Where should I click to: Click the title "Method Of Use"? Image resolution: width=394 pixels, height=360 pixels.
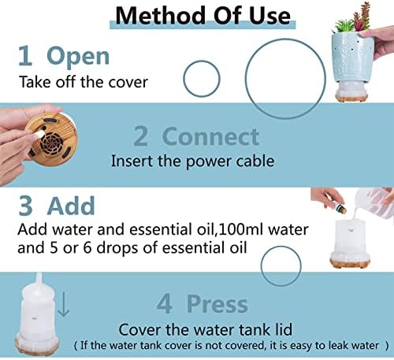pyautogui.click(x=203, y=16)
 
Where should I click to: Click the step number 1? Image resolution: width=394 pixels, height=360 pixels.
pyautogui.click(x=25, y=56)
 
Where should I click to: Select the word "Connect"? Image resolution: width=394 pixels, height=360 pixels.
pyautogui.click(x=211, y=136)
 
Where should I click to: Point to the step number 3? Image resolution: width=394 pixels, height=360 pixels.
pyautogui.click(x=26, y=206)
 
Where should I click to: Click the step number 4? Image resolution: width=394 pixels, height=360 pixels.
pyautogui.click(x=165, y=304)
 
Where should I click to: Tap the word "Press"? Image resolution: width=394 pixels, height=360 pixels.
pyautogui.click(x=217, y=304)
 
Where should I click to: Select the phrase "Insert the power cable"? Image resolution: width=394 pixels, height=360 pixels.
pyautogui.click(x=193, y=161)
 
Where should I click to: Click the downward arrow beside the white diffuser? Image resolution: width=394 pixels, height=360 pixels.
pyautogui.click(x=64, y=305)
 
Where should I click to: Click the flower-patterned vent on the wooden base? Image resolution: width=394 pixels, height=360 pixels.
pyautogui.click(x=52, y=144)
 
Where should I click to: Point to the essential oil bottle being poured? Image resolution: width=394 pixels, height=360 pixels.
pyautogui.click(x=340, y=208)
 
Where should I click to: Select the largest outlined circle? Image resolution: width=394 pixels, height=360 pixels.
pyautogui.click(x=246, y=79)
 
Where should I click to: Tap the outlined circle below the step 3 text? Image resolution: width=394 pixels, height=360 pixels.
pyautogui.click(x=261, y=265)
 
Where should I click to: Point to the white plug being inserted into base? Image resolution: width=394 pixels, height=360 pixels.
pyautogui.click(x=38, y=135)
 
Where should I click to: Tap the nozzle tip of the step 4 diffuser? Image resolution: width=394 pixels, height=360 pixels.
pyautogui.click(x=39, y=275)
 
